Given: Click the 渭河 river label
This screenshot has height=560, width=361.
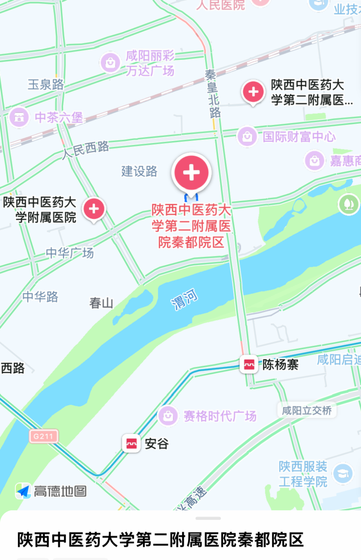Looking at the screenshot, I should coord(184,299).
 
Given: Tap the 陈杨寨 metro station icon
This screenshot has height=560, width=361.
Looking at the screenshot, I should coord(249,364).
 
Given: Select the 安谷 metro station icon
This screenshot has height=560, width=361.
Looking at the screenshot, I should coord(131,443).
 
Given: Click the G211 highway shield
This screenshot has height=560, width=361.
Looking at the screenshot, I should coord(43,436).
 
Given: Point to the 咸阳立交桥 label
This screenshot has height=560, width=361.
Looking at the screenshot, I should coord(306,410).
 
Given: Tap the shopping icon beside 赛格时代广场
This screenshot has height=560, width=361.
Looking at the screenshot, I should coord(168,416).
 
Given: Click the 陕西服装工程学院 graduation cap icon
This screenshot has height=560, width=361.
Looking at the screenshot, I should coord(343,473).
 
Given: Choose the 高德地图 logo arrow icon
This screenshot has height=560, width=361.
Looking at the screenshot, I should coord(23,491).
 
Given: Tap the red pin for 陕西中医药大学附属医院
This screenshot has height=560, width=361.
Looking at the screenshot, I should coord(94,209).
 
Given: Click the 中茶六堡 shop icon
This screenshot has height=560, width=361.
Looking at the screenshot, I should coord(19,117).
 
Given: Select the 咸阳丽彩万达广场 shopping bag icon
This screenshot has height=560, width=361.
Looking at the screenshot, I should coord(110,63).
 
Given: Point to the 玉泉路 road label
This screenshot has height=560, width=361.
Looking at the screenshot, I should coord(45,85).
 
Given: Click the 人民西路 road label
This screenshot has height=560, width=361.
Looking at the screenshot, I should coord(86,149).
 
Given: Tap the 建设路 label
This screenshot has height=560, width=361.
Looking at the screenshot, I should coord(139,171).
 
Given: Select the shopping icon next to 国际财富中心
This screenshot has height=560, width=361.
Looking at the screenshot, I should coord(247,136).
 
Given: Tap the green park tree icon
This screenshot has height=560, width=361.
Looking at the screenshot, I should coord(348,204).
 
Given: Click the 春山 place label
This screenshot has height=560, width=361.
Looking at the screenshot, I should coord(101,303).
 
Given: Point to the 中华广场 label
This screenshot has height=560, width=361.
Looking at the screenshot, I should coord(70,253).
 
